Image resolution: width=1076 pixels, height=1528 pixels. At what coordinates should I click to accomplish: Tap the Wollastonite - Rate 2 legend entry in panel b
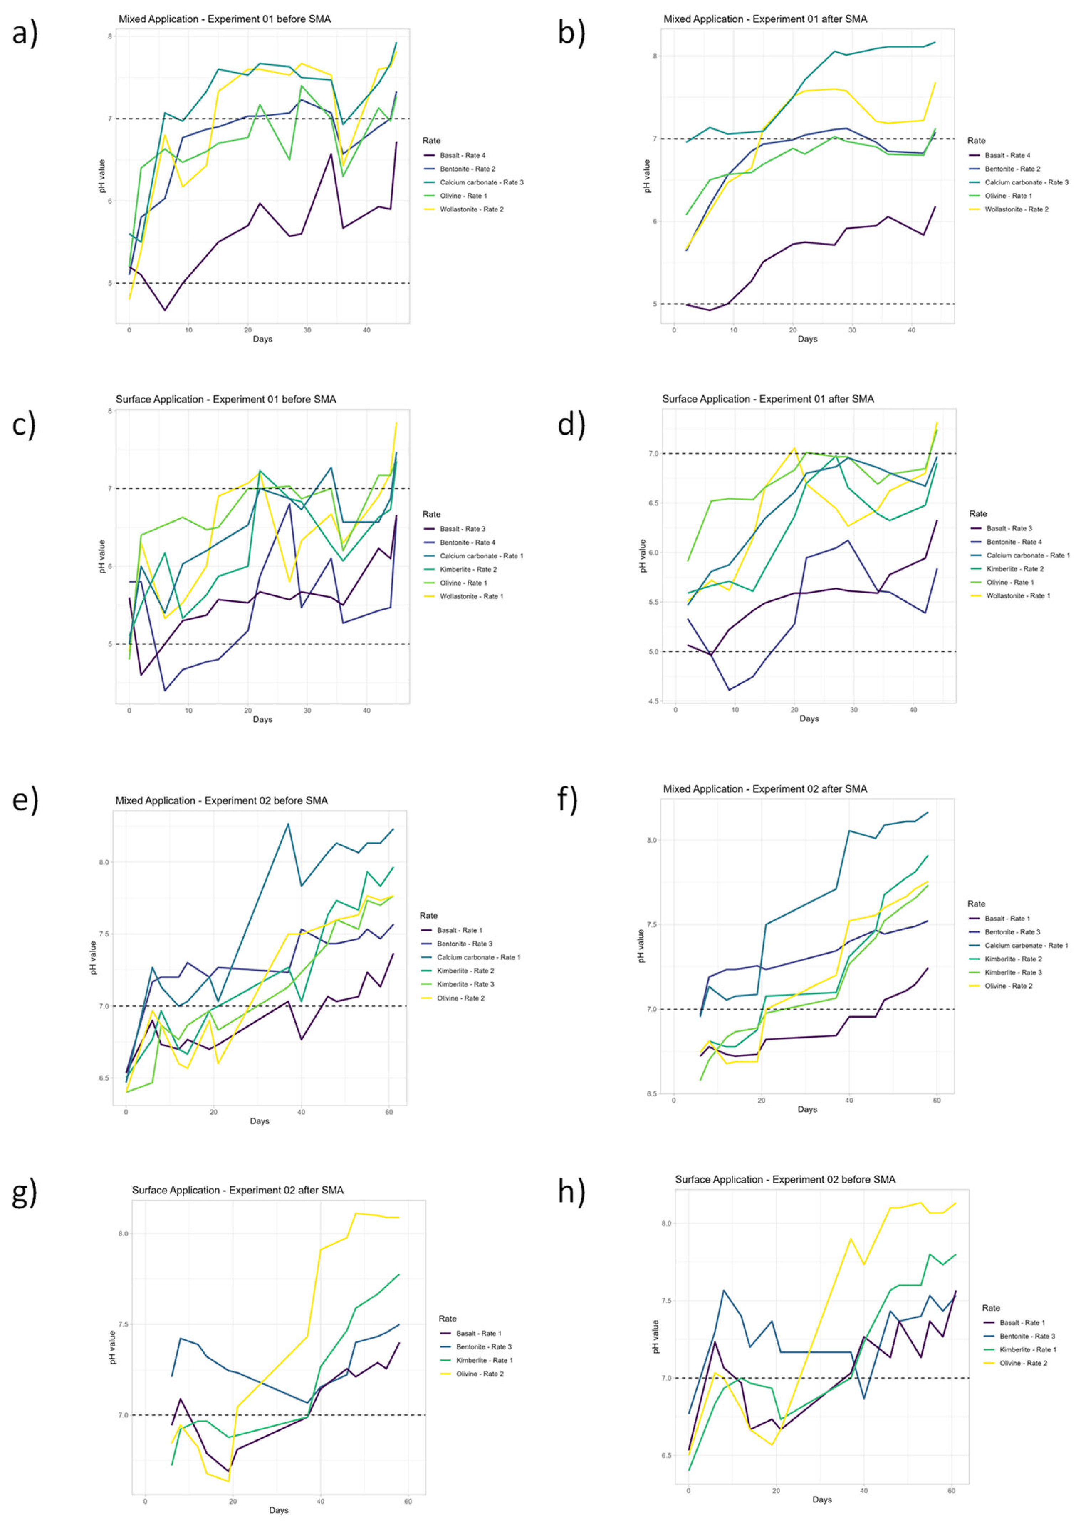1017,210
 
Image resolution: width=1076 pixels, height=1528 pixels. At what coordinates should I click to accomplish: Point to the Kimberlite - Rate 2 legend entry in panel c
468,570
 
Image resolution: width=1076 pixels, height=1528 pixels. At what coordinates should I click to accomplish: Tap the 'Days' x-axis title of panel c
262,719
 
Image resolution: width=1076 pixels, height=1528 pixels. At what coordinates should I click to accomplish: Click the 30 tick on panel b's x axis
852,330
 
